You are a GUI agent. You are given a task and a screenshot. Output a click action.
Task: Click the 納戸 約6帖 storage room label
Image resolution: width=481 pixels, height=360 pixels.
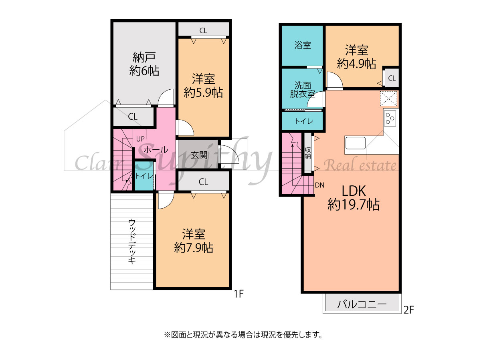[x=144, y=64]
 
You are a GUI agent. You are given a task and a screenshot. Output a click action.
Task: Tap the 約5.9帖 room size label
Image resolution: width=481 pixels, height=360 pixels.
[x=203, y=93]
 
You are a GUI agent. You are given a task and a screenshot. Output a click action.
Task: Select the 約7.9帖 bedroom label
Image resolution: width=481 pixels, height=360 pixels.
[x=194, y=248]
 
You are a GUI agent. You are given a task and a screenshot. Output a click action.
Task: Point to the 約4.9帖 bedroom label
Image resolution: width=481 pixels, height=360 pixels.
[x=356, y=64]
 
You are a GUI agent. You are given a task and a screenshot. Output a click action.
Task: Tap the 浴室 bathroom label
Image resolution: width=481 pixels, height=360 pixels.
[x=303, y=45]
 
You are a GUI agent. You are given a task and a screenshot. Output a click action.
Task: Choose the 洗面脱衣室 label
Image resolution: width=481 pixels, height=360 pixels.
[x=303, y=89]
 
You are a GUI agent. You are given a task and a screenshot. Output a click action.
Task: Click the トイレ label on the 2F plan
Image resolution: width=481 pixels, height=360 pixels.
[x=304, y=121]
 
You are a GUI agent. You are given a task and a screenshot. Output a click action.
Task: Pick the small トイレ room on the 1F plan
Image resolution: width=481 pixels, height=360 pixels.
[x=144, y=176]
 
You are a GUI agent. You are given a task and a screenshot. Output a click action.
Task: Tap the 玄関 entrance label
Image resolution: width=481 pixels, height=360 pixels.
[x=199, y=155]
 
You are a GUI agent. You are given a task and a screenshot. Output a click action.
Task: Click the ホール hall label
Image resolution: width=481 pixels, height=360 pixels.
[x=156, y=150]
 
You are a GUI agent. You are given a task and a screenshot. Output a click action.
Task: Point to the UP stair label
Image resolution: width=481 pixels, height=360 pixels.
[x=140, y=139]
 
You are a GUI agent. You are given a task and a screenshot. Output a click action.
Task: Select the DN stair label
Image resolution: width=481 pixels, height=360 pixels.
[x=319, y=185]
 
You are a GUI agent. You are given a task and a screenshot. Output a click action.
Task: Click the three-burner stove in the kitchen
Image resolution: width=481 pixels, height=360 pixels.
[x=390, y=118]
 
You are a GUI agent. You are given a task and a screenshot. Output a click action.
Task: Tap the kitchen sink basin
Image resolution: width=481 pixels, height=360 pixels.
[x=356, y=143]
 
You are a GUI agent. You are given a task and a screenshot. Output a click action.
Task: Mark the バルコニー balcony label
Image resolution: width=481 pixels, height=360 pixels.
[x=362, y=304]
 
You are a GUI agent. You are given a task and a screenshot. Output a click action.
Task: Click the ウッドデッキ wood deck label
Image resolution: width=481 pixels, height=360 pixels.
[x=132, y=241]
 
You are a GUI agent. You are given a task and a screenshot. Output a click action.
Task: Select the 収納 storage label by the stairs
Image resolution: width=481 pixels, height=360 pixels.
[x=308, y=153]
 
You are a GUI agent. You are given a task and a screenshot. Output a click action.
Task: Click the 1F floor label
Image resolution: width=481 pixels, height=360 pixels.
[x=238, y=294]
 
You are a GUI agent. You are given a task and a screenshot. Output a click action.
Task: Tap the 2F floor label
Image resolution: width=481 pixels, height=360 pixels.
[x=409, y=310]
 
